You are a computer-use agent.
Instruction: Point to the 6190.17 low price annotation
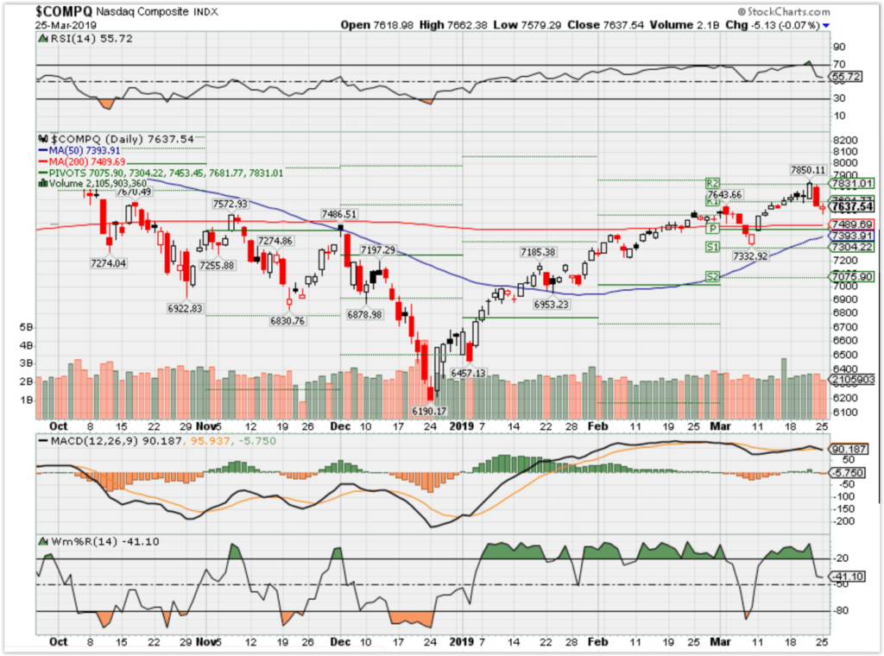tap(428, 410)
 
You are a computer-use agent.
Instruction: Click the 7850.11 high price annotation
tap(808, 170)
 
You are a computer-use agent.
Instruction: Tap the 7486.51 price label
tap(339, 213)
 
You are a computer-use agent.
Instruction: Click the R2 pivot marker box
tap(712, 183)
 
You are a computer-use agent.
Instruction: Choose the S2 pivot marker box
tap(712, 277)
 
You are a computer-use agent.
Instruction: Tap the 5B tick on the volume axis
tap(26, 328)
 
